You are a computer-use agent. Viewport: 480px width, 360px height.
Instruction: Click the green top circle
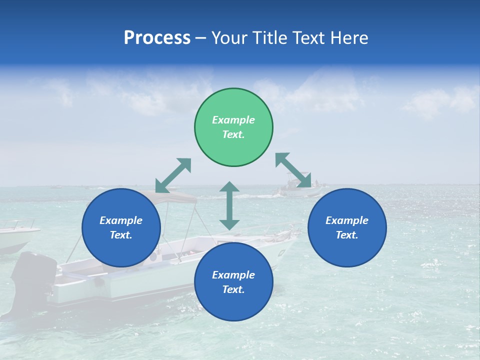pyautogui.click(x=233, y=127)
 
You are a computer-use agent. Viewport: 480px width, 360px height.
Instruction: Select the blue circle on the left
pyautogui.click(x=121, y=227)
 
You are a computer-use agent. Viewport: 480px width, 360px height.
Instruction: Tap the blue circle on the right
pyautogui.click(x=347, y=227)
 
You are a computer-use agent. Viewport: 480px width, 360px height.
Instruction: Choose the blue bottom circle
pyautogui.click(x=233, y=282)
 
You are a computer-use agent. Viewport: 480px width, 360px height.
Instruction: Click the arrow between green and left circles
pyautogui.click(x=173, y=175)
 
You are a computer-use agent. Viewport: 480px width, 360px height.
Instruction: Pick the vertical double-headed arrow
pyautogui.click(x=229, y=205)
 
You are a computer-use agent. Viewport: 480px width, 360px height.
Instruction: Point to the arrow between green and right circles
pyautogui.click(x=293, y=170)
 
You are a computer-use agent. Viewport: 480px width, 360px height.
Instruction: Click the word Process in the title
pyautogui.click(x=157, y=37)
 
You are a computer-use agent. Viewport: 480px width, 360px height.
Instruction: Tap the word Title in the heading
pyautogui.click(x=271, y=37)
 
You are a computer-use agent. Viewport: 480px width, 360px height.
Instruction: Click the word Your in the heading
pyautogui.click(x=230, y=37)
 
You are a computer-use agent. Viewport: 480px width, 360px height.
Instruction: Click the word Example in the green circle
pyautogui.click(x=233, y=120)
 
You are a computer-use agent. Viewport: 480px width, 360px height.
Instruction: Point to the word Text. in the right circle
pyautogui.click(x=347, y=235)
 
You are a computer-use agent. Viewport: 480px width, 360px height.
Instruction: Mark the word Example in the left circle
pyautogui.click(x=121, y=220)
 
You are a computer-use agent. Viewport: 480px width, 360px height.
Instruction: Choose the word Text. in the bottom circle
pyautogui.click(x=233, y=289)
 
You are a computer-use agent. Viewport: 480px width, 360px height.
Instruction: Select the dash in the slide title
pyautogui.click(x=201, y=37)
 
